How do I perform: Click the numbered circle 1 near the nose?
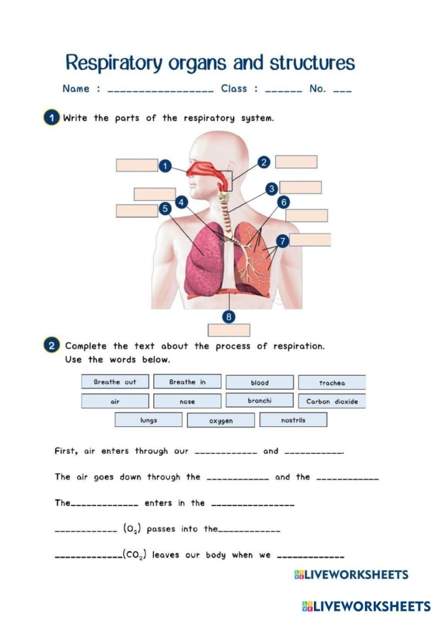pyautogui.click(x=165, y=166)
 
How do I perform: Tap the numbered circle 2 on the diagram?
pyautogui.click(x=263, y=162)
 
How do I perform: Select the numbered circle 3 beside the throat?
pyautogui.click(x=272, y=188)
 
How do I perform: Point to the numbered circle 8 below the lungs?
pyautogui.click(x=229, y=317)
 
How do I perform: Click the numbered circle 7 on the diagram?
pyautogui.click(x=282, y=241)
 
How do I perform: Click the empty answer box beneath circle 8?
pyautogui.click(x=229, y=330)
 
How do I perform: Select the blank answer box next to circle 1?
pyautogui.click(x=136, y=165)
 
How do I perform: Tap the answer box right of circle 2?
pyautogui.click(x=296, y=162)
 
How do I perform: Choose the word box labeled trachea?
pyautogui.click(x=332, y=383)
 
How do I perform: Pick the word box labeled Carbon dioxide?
pyautogui.click(x=332, y=401)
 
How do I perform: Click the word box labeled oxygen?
pyautogui.click(x=221, y=421)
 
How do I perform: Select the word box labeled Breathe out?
pyautogui.click(x=115, y=382)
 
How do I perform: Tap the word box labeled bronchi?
pyautogui.click(x=259, y=401)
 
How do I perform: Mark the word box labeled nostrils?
pyautogui.click(x=293, y=420)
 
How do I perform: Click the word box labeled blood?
pyautogui.click(x=260, y=383)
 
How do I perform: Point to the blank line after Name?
pyautogui.click(x=161, y=90)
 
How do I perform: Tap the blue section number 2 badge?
pyautogui.click(x=52, y=345)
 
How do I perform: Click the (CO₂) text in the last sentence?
pyautogui.click(x=135, y=555)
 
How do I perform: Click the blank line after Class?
pyautogui.click(x=284, y=90)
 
